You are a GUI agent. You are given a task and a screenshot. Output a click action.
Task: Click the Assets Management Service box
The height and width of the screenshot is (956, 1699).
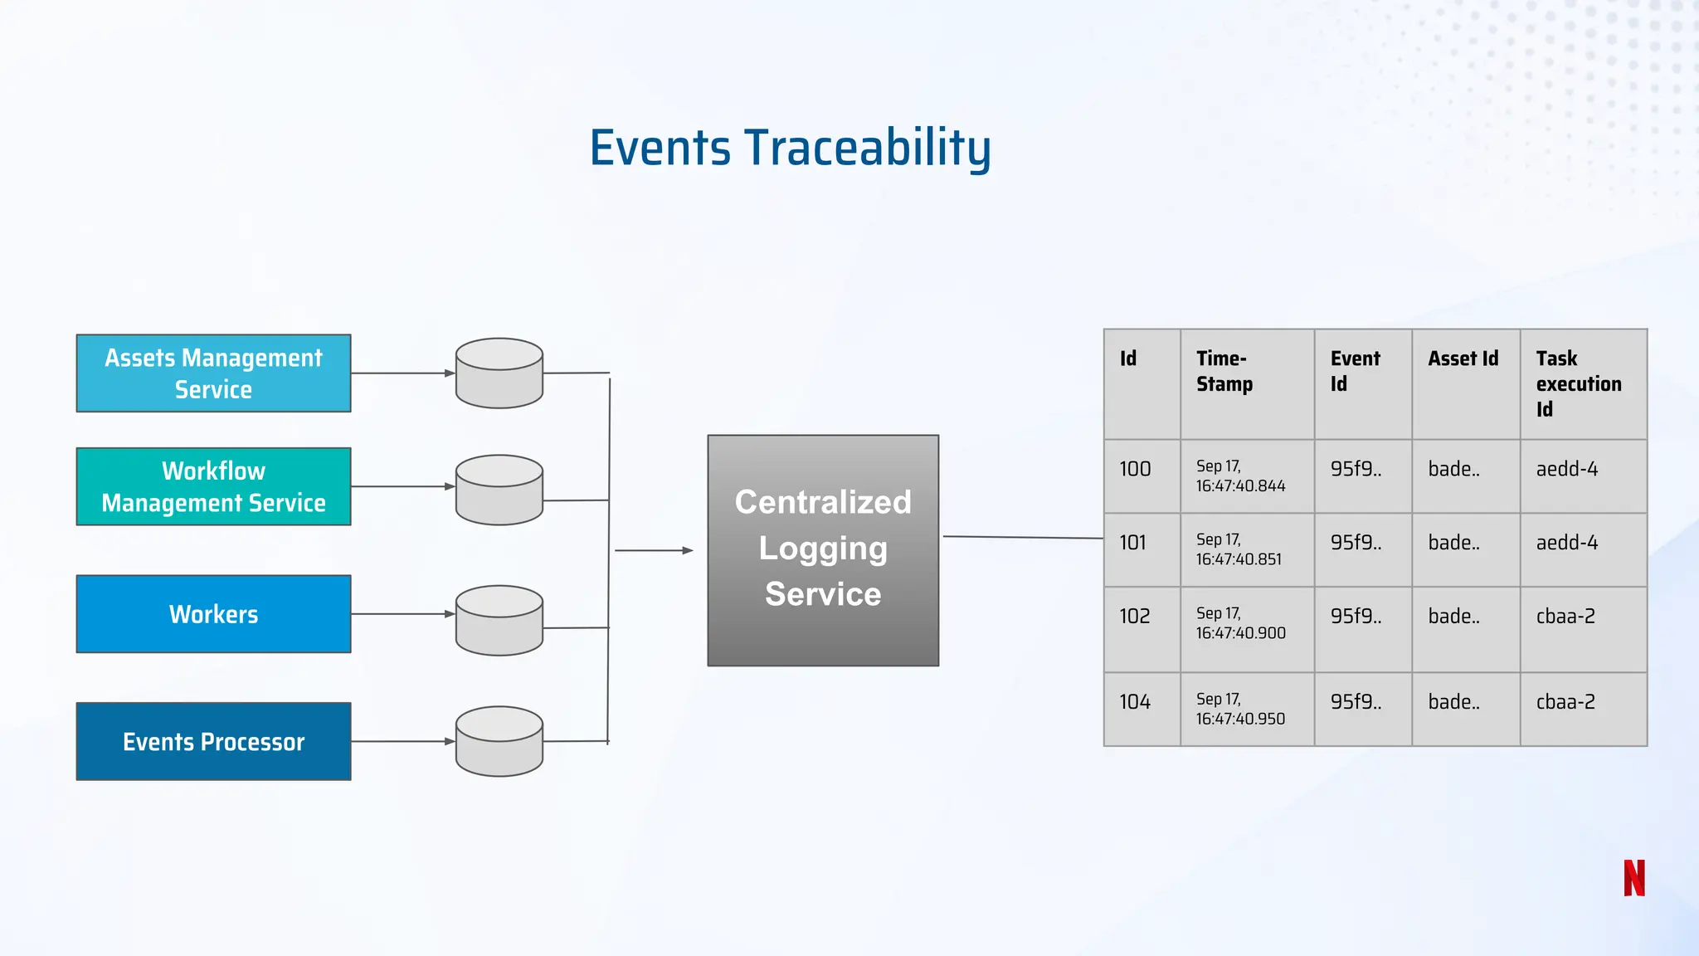[213, 373]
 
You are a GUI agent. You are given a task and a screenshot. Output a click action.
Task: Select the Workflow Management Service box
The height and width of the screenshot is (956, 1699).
[213, 486]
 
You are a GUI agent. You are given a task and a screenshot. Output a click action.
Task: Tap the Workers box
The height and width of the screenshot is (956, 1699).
[213, 614]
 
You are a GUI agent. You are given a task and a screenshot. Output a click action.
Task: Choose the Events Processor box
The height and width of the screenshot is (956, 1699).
[213, 741]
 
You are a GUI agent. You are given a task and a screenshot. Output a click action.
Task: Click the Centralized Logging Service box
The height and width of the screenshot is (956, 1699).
[823, 549]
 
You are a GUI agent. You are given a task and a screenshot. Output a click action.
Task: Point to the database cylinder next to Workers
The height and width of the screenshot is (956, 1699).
[499, 621]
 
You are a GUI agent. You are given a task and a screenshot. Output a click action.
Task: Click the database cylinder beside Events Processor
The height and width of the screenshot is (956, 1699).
[499, 741]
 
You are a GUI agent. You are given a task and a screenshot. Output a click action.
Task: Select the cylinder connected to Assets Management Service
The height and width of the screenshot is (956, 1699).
[499, 373]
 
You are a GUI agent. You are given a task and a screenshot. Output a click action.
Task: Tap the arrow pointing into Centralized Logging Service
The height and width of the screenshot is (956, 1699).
[654, 550]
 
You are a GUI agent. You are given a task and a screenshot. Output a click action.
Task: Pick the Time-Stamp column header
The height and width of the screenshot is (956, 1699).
[1247, 383]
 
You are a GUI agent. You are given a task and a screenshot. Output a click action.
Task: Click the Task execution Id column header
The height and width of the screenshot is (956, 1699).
[1583, 383]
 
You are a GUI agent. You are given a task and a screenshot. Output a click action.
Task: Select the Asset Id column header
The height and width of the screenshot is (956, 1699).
[1465, 383]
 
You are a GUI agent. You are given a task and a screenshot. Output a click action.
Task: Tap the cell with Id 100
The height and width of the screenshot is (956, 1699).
[1142, 476]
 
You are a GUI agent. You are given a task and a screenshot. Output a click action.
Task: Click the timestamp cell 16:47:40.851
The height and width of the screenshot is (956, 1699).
[1247, 549]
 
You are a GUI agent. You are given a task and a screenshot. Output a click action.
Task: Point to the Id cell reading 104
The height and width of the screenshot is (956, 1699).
[1142, 709]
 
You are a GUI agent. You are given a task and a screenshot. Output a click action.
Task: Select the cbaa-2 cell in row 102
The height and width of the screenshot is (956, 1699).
[1583, 629]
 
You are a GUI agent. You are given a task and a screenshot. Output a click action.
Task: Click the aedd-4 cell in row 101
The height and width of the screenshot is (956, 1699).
[1583, 549]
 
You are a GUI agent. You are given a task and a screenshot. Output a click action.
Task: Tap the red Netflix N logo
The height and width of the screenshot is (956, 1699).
[1633, 878]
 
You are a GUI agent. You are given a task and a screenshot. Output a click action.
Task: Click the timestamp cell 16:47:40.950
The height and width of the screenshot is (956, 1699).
[1247, 709]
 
